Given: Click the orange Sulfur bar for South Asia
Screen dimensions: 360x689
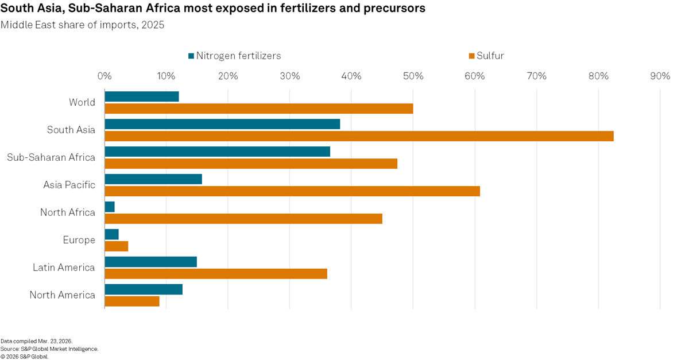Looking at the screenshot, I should pyautogui.click(x=359, y=136).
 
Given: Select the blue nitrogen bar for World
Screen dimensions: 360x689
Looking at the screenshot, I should pyautogui.click(x=142, y=96).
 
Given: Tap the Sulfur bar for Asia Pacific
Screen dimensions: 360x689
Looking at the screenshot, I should pyautogui.click(x=292, y=191).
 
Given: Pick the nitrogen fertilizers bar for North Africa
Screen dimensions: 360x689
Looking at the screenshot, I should pyautogui.click(x=110, y=207).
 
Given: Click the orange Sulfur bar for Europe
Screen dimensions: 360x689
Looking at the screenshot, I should pyautogui.click(x=117, y=246).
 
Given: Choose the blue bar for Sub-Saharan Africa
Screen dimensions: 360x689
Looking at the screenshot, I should pyautogui.click(x=218, y=152).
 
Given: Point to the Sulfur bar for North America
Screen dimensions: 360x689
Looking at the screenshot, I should pyautogui.click(x=132, y=301).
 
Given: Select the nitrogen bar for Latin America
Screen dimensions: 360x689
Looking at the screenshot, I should pyautogui.click(x=151, y=262).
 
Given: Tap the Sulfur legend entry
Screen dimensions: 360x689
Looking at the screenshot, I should pyautogui.click(x=486, y=56).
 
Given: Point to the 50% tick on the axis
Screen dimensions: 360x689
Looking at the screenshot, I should pyautogui.click(x=413, y=76).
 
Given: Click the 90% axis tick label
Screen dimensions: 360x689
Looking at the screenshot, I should pyautogui.click(x=659, y=76).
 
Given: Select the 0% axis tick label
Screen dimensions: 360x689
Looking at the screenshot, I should pyautogui.click(x=104, y=76).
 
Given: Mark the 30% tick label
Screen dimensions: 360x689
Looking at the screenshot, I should pyautogui.click(x=289, y=76).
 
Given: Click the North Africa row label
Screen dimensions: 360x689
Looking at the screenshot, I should pyautogui.click(x=68, y=212).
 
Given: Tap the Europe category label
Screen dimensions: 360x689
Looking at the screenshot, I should pyautogui.click(x=79, y=240).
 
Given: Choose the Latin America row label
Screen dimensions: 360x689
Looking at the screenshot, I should pyautogui.click(x=64, y=268).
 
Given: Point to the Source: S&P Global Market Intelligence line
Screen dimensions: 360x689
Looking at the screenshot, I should pyautogui.click(x=49, y=349).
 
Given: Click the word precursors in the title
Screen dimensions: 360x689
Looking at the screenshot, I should pyautogui.click(x=392, y=9).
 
